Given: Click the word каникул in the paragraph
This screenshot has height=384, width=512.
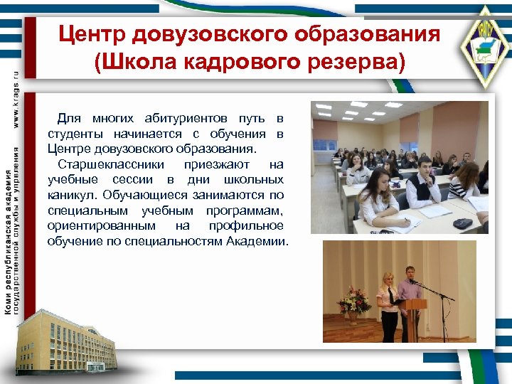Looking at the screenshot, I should tap(73, 195).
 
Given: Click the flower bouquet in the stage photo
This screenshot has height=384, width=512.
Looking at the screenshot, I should tap(353, 302).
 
